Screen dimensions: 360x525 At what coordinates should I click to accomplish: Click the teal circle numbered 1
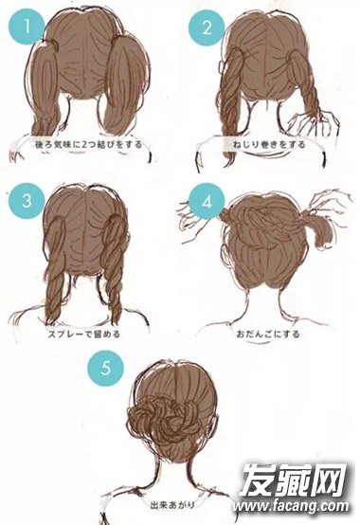tap(27, 27)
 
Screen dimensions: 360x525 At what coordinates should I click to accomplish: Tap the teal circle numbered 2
tap(207, 27)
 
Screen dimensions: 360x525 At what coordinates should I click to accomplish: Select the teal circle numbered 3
tap(27, 201)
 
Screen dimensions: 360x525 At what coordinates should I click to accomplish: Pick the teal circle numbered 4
tap(207, 202)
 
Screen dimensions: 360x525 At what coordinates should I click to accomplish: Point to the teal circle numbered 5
tap(106, 368)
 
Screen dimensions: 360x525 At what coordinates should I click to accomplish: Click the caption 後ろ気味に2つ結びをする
tap(88, 144)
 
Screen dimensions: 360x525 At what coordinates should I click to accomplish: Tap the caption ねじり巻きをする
tap(269, 144)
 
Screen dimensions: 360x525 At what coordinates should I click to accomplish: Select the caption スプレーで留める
tap(84, 334)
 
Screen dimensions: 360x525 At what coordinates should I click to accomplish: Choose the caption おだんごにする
tap(268, 334)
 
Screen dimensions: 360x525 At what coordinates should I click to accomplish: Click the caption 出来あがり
tap(173, 504)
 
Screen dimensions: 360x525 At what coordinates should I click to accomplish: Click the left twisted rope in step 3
tap(55, 268)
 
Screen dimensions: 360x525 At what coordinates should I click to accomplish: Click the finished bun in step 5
tap(161, 417)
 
